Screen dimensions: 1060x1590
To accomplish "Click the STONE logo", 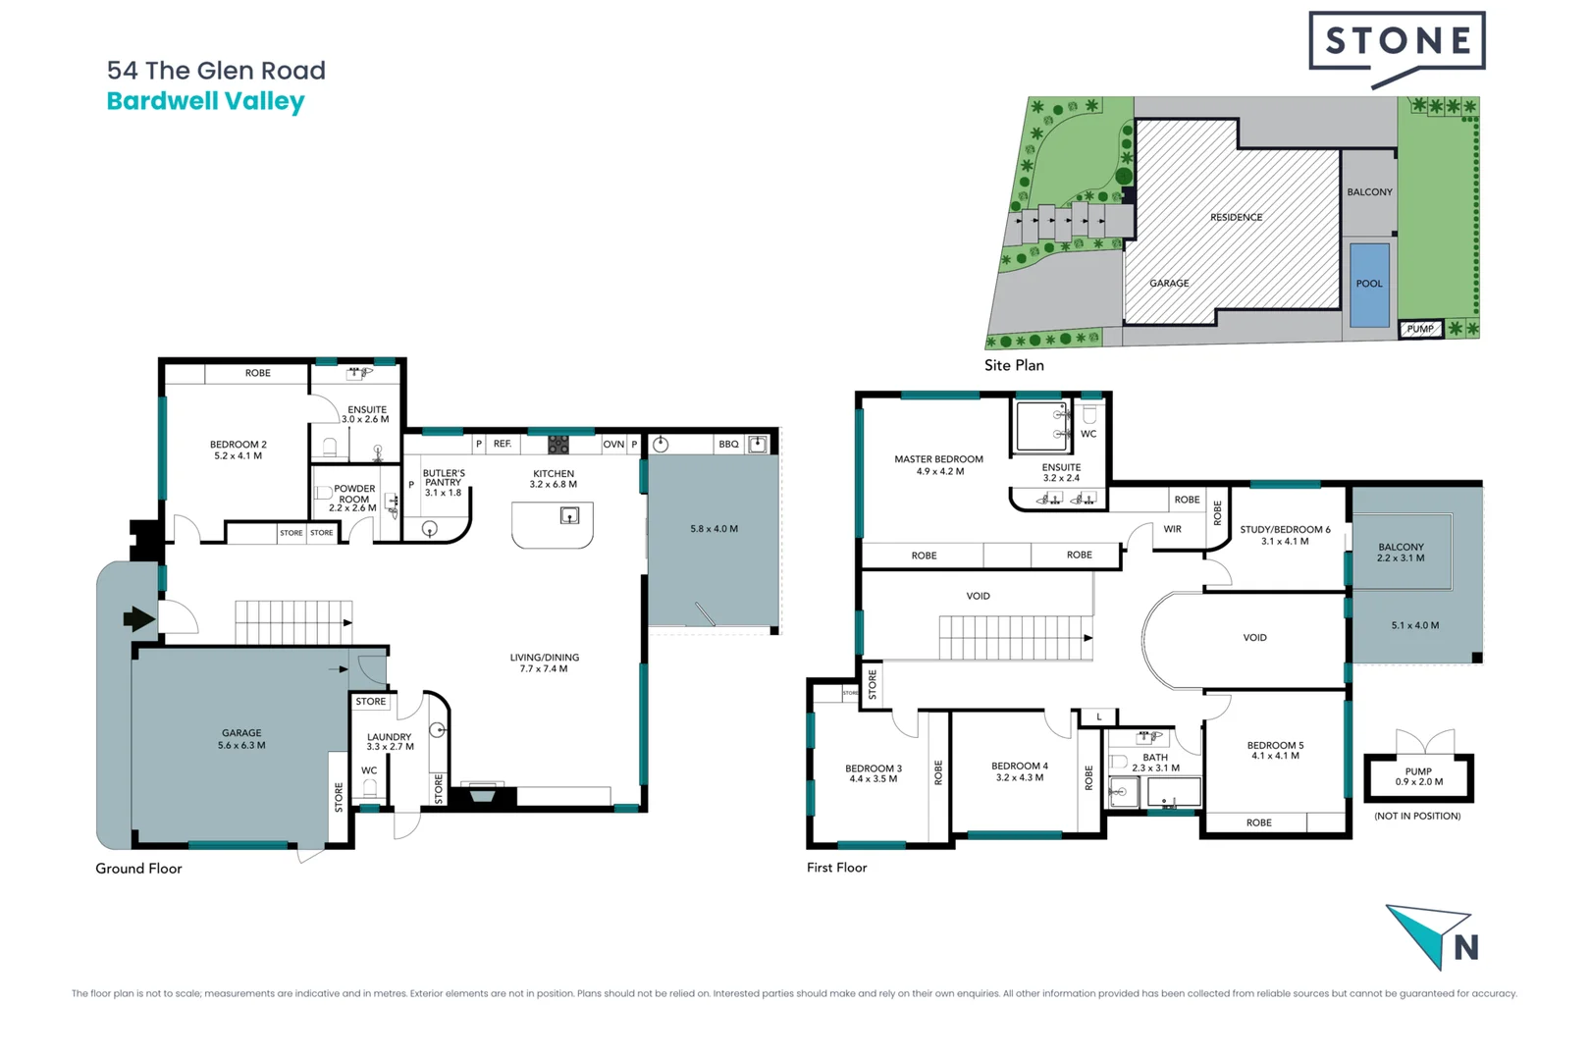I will click(1397, 41).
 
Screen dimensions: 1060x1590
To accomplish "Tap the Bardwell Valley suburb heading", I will click(205, 101).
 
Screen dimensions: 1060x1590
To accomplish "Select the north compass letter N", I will click(1465, 947).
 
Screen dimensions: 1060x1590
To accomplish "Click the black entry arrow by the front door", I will click(138, 618).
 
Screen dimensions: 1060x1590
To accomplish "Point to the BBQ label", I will click(728, 445).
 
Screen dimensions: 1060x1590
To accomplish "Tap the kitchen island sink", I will click(569, 515).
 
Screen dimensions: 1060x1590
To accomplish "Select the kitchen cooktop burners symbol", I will click(557, 445).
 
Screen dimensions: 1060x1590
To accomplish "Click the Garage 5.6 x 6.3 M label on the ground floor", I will click(241, 739).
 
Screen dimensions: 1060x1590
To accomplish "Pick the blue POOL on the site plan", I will click(1369, 284).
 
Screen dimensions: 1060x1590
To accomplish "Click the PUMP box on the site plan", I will click(1420, 329).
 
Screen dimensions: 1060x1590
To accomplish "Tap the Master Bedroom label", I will click(938, 459).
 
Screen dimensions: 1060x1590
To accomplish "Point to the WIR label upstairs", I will click(1172, 529).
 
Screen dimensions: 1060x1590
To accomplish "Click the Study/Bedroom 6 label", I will click(1285, 530).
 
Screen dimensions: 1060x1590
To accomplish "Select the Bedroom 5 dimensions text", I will click(1275, 756).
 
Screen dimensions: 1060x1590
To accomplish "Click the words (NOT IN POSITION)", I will click(1417, 816).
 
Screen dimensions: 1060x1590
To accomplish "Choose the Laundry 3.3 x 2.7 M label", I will click(390, 741).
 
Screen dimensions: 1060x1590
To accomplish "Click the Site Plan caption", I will click(1014, 365).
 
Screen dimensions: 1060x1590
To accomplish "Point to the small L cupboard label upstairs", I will click(1099, 717).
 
